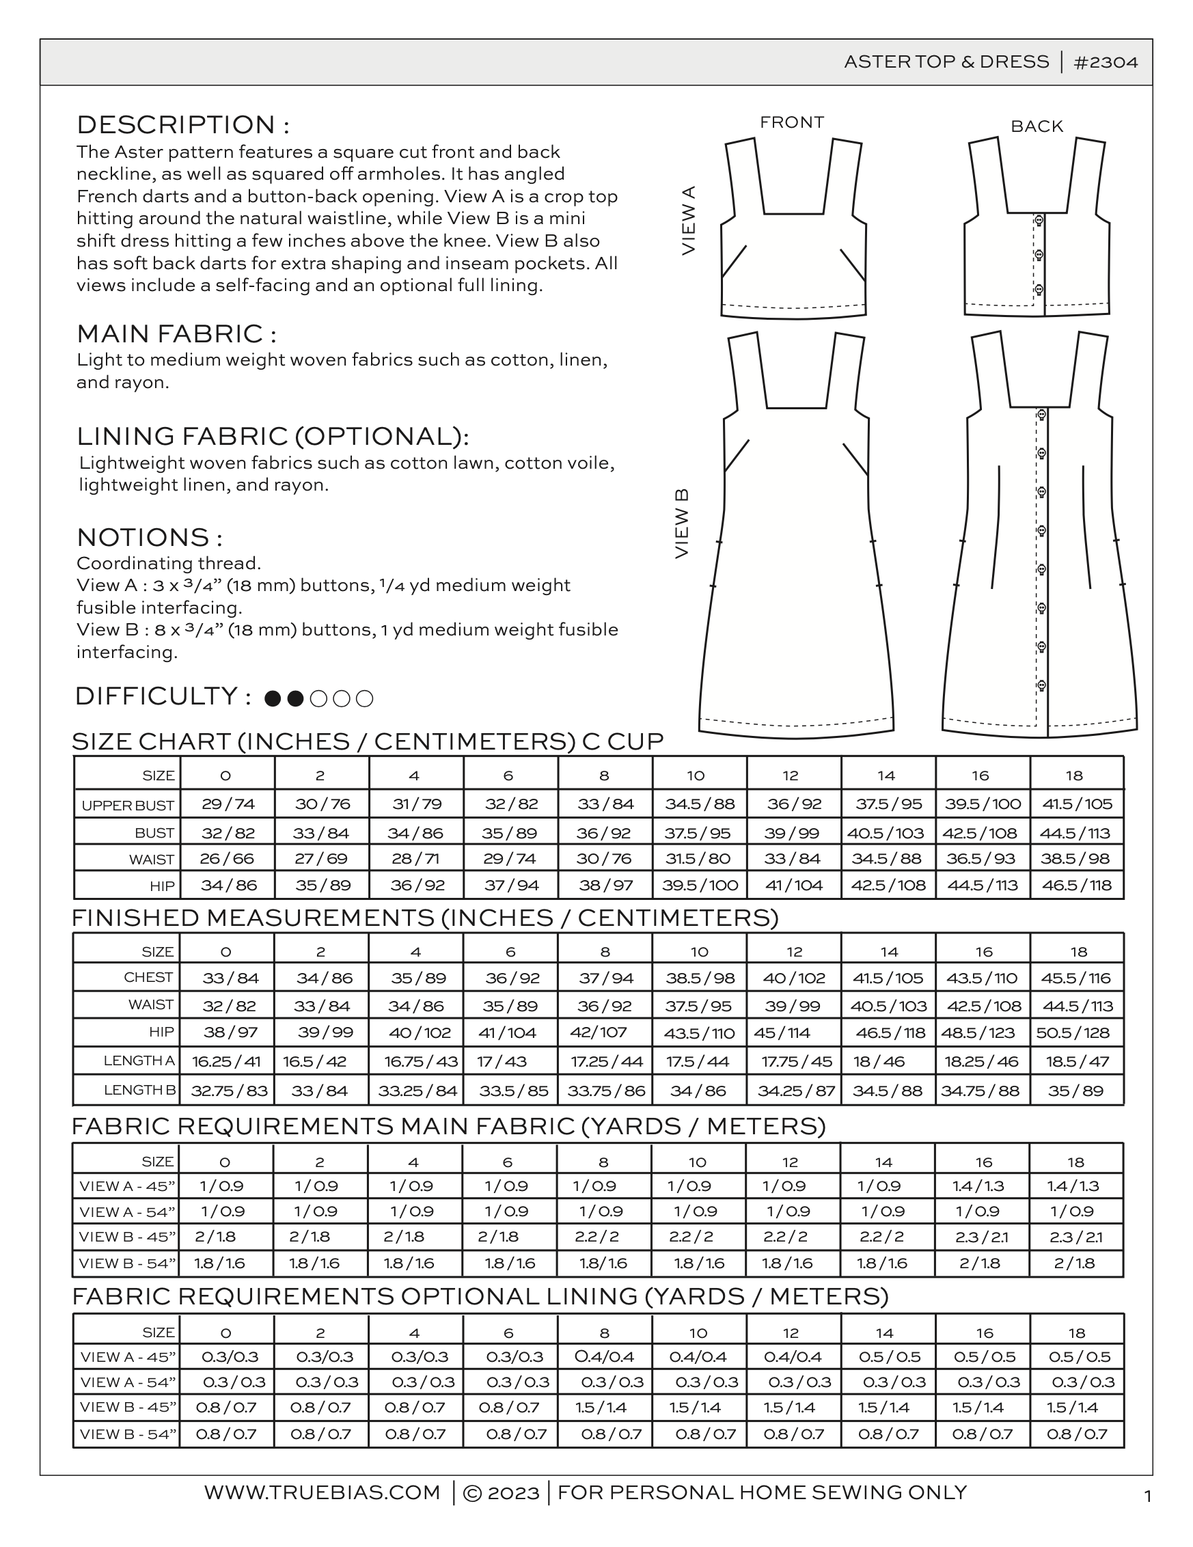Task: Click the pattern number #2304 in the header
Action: click(1106, 62)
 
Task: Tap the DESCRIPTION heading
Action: click(182, 124)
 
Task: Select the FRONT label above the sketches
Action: click(791, 122)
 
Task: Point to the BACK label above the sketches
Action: click(1037, 127)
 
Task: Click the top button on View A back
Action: click(1039, 220)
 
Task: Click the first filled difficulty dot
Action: click(272, 699)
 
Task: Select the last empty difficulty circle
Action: click(364, 699)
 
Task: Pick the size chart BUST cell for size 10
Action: click(699, 833)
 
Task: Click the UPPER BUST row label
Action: click(128, 806)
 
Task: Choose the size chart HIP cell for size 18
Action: click(1076, 885)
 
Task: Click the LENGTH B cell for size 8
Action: click(605, 1091)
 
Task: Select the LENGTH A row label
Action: click(139, 1060)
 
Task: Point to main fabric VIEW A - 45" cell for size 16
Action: click(981, 1186)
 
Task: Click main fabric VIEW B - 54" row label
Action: click(128, 1263)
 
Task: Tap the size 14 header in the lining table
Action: click(884, 1333)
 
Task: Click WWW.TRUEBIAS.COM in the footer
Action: click(323, 1492)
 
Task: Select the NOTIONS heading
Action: click(149, 538)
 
